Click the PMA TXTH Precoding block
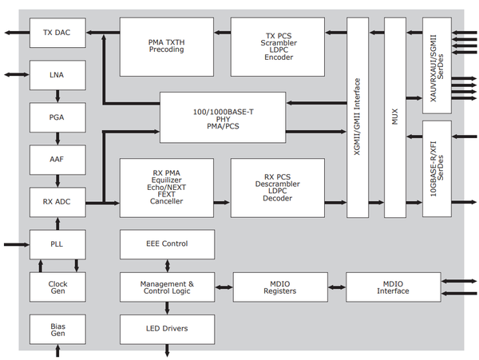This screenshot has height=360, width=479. point(167,46)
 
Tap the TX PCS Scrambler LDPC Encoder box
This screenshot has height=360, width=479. point(278,46)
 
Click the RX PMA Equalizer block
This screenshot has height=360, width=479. point(167,188)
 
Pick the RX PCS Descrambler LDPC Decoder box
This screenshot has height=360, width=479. point(278,188)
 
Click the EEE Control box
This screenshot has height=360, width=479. point(167,243)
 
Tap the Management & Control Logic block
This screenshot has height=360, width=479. point(167,287)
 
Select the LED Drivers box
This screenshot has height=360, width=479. point(167,328)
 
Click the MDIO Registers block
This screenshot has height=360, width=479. point(279,287)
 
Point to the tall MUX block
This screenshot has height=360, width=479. point(395,117)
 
